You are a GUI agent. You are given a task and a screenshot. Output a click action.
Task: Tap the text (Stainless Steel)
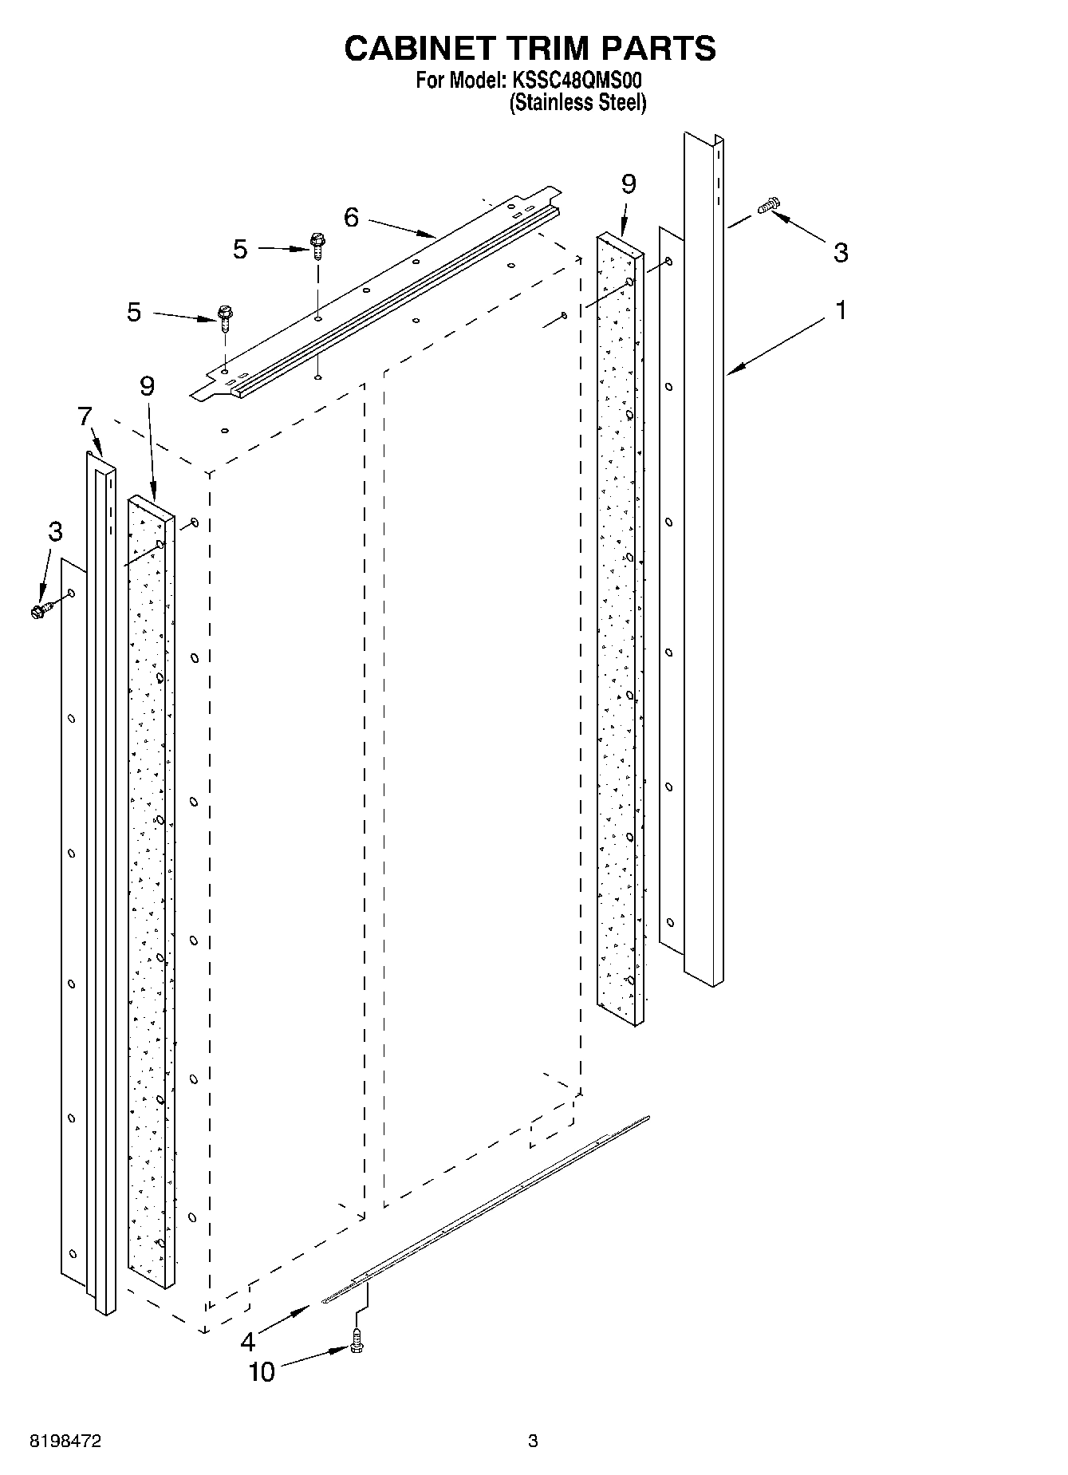(x=577, y=103)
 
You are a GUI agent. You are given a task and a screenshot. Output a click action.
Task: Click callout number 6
(x=351, y=217)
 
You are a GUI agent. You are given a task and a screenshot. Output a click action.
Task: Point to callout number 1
(x=840, y=310)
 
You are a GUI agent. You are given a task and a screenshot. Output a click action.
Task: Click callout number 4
(x=249, y=1342)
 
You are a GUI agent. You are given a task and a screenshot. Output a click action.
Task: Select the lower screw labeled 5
(x=224, y=317)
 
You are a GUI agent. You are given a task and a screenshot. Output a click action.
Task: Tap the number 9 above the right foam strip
(x=629, y=184)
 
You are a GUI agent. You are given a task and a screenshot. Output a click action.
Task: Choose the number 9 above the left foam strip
(x=147, y=386)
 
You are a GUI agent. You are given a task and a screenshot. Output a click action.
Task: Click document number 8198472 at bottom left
(x=65, y=1441)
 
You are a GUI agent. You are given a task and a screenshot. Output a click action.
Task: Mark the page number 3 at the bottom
(x=533, y=1441)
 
